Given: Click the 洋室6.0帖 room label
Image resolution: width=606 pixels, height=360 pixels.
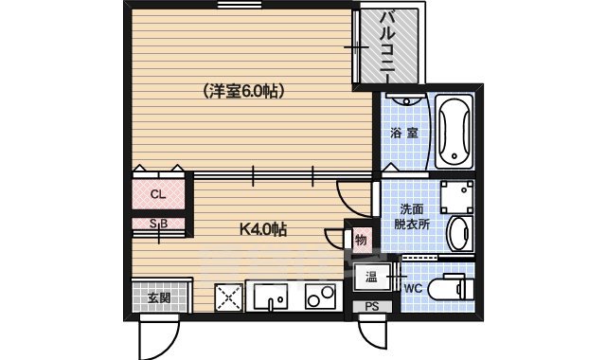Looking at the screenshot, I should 243,92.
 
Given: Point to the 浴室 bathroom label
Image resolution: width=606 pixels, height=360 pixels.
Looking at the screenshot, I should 405,134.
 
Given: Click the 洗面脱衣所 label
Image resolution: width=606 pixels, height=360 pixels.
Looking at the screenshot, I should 414,217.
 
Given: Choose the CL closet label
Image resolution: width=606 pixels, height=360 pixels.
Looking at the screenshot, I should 158,195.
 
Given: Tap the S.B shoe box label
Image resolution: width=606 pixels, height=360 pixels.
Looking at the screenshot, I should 158,225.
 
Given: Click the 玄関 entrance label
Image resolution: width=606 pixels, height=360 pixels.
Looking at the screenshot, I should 159,297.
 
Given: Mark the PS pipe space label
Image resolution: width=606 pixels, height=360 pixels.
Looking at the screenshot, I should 372,307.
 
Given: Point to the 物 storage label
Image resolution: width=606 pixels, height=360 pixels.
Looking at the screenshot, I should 361,241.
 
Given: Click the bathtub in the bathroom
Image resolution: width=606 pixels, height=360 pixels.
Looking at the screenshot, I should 454,133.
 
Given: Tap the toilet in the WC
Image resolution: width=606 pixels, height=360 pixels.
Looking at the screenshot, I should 449,287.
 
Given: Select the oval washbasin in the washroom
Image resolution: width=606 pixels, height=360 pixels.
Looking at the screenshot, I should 457,231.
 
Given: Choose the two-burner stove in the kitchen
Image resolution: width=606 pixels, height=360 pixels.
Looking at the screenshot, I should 317,297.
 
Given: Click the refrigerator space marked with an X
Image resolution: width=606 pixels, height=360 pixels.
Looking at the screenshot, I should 229,297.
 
